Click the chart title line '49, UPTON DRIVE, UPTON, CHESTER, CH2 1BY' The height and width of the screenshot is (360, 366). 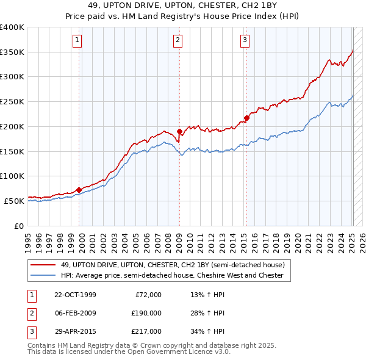point(182,5)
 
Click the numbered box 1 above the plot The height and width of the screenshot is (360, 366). point(78,41)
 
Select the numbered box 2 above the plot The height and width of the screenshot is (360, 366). point(178,41)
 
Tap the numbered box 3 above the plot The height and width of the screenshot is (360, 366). point(245,41)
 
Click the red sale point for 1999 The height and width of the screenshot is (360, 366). point(79,190)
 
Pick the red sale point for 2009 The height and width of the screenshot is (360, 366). point(179,131)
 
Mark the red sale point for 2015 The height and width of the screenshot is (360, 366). point(246,118)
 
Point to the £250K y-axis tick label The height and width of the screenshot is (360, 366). point(12,102)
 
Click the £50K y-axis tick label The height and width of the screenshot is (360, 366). point(15,201)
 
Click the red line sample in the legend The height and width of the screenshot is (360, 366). point(43,265)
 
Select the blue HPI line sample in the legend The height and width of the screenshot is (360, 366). point(43,276)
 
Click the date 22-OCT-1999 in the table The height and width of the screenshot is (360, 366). point(76,295)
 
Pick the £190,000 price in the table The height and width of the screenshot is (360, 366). point(146,313)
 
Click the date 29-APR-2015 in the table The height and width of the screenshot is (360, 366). point(75,331)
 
